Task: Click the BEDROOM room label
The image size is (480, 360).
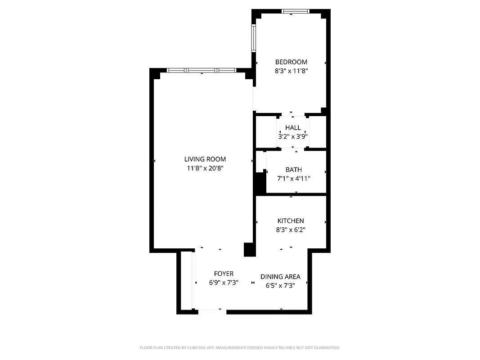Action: point(291,62)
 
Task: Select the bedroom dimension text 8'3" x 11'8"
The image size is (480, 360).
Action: point(291,71)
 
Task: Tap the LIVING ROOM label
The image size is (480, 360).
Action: point(205,159)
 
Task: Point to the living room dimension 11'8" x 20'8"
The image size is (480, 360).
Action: point(205,168)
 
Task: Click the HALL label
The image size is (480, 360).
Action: point(293,128)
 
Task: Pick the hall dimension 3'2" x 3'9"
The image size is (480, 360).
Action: point(293,136)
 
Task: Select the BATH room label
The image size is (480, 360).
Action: point(294,170)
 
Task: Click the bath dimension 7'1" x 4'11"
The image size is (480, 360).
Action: point(294,178)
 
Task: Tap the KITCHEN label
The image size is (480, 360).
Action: point(291,221)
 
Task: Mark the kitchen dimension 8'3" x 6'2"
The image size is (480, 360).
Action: point(291,229)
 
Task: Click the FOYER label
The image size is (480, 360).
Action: point(224,274)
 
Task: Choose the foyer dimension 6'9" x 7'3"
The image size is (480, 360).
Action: point(224,283)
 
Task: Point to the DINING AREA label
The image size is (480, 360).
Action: point(280,277)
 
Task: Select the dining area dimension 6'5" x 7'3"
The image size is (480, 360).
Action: point(280,285)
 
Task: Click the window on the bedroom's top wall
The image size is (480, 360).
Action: point(296,11)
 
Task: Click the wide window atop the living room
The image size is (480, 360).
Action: point(201,70)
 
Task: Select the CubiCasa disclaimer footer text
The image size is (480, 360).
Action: point(240,348)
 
